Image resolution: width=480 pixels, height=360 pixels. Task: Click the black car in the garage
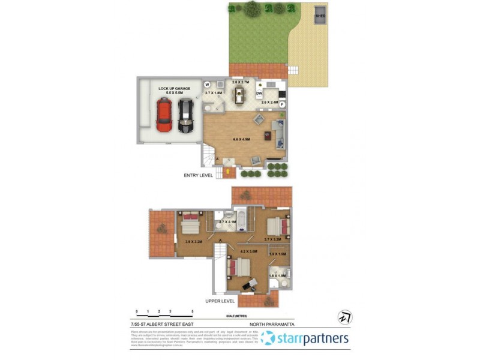(186, 115)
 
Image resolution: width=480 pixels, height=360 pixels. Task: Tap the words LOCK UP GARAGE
(175, 88)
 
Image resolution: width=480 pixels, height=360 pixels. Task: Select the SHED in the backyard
(320, 16)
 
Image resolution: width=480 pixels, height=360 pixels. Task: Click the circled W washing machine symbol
(207, 85)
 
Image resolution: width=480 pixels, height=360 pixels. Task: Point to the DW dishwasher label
(260, 94)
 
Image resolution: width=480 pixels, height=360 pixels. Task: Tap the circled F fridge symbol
(282, 105)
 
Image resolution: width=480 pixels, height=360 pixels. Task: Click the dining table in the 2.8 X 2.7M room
(240, 94)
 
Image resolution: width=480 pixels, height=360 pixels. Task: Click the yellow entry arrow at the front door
(228, 172)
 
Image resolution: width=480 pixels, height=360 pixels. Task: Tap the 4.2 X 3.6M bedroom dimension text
(248, 251)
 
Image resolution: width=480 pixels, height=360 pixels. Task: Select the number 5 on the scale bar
(193, 311)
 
